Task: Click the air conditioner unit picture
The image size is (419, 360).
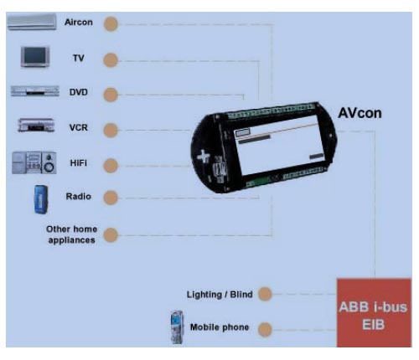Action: [31, 22]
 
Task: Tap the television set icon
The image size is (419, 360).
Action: [35, 57]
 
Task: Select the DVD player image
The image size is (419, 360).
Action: [35, 91]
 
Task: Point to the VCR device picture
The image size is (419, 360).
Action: [36, 125]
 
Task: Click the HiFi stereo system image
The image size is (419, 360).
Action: [34, 162]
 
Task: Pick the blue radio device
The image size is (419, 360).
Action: [41, 199]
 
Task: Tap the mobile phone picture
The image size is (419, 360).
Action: [177, 327]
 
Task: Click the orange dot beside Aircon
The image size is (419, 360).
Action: [111, 24]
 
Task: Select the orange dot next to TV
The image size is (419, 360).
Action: [111, 60]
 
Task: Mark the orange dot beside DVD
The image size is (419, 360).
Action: [111, 95]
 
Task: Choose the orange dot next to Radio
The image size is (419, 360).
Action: [111, 198]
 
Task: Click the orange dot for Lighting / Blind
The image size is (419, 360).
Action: [265, 294]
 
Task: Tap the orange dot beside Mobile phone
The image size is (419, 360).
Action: [265, 329]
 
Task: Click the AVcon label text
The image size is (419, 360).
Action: [360, 113]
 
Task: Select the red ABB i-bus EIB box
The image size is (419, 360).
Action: [374, 312]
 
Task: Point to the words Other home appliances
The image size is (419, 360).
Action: [72, 234]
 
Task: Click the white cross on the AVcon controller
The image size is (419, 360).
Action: [204, 157]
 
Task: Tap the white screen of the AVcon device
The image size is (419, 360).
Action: [279, 147]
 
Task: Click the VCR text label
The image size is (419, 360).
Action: [79, 127]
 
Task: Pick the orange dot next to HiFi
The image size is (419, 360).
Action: [111, 166]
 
